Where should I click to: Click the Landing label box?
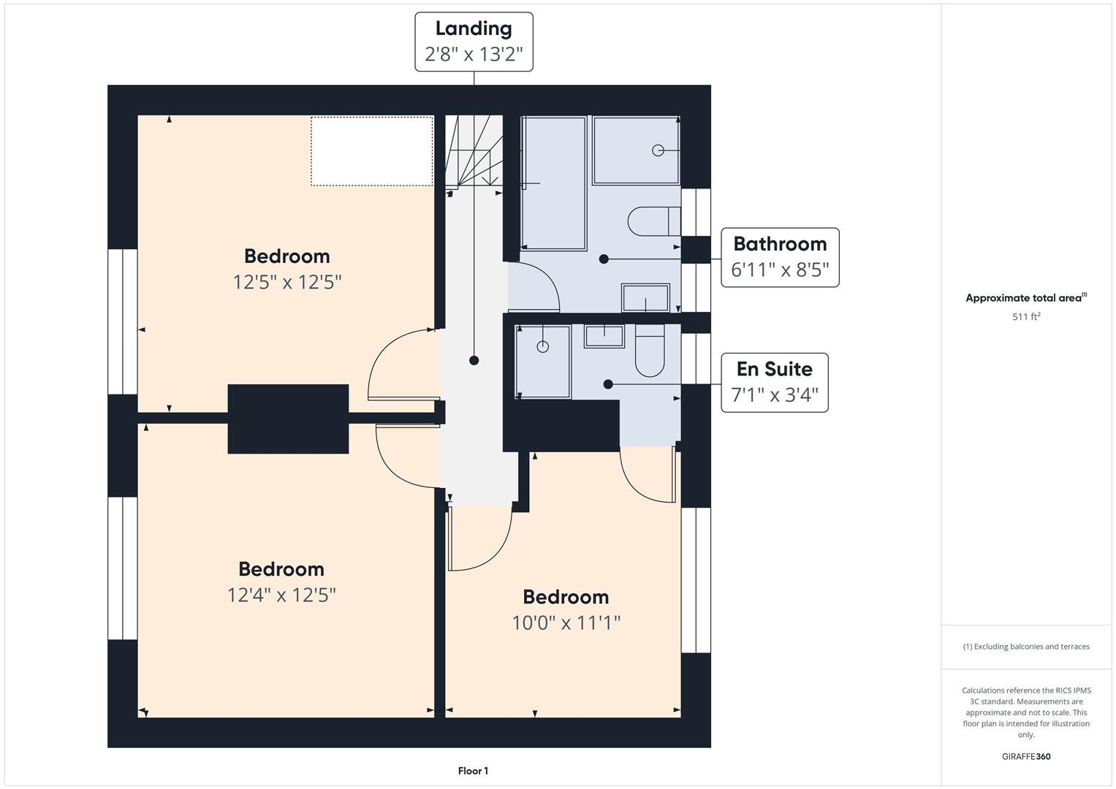click(x=474, y=42)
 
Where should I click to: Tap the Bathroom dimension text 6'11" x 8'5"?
click(x=780, y=270)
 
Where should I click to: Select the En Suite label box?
click(x=775, y=383)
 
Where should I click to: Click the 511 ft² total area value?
click(x=1026, y=316)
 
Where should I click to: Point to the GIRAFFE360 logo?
click(x=1026, y=756)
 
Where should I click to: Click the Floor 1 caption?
click(x=474, y=771)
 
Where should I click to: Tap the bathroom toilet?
click(x=654, y=221)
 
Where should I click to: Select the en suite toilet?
click(x=650, y=351)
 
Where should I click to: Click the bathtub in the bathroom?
click(x=553, y=183)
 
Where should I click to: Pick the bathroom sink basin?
click(x=645, y=297)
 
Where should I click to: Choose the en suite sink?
click(x=604, y=336)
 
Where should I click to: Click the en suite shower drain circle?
click(x=542, y=347)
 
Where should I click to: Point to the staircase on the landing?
click(x=474, y=151)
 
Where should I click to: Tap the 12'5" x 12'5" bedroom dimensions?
click(x=287, y=283)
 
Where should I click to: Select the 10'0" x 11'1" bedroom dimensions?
click(x=566, y=622)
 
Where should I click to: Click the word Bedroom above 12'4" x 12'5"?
click(x=281, y=569)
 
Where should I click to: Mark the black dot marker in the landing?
click(x=474, y=360)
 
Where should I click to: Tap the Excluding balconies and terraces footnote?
click(x=1026, y=647)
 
